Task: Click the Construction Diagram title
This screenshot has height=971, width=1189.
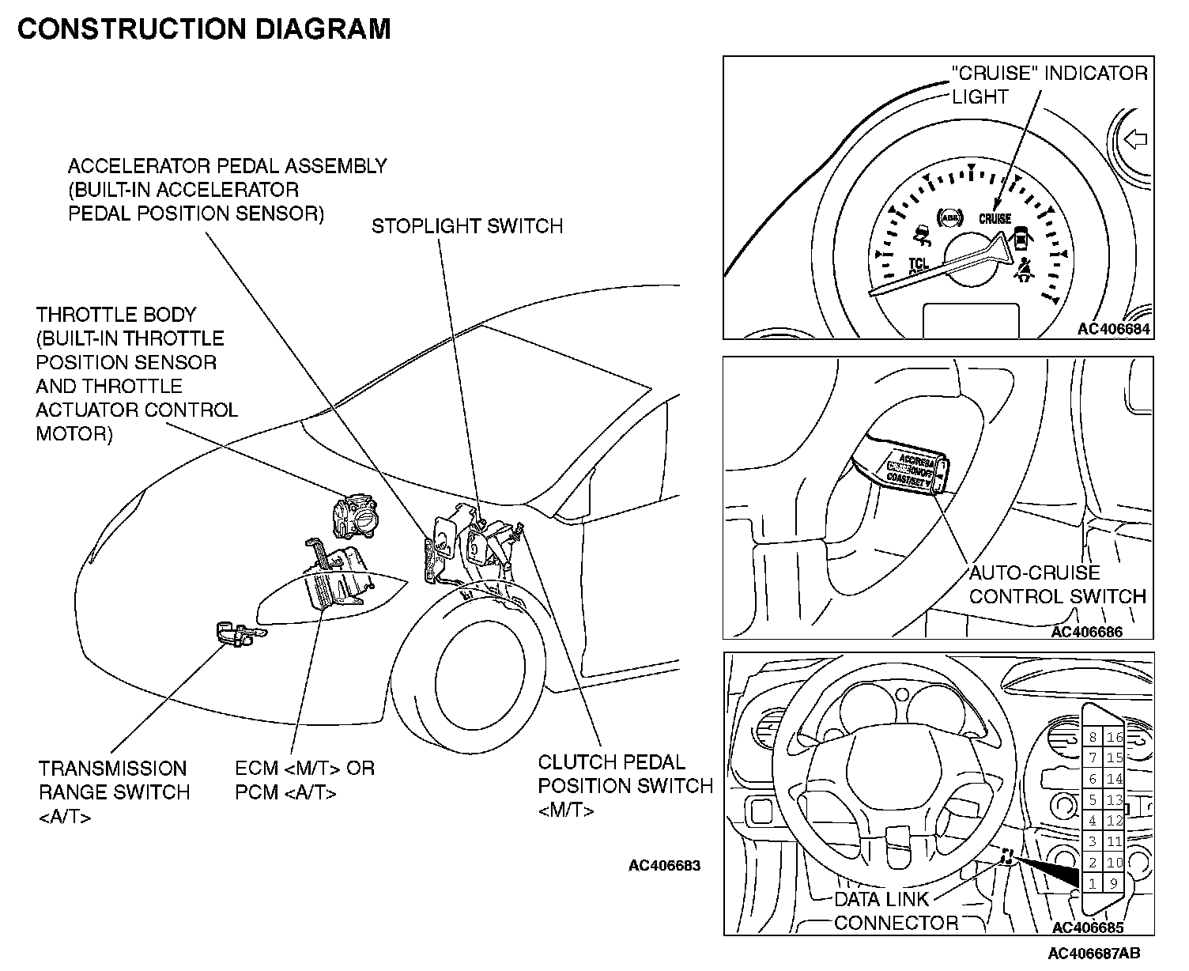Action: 204,28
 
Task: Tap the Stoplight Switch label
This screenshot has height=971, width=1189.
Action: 467,226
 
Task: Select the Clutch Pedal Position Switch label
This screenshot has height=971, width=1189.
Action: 625,786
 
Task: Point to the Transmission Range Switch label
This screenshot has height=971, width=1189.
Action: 115,792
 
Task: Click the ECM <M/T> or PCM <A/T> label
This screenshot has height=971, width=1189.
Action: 305,780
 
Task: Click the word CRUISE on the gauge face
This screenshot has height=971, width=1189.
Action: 995,218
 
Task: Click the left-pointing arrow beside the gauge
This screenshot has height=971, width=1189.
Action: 1135,140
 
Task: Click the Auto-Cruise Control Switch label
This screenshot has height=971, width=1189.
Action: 1057,584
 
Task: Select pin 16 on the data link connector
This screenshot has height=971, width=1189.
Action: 1115,737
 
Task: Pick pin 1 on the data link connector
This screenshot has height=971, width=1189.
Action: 1093,883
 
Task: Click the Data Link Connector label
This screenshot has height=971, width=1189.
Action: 895,911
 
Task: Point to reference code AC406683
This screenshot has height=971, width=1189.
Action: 664,865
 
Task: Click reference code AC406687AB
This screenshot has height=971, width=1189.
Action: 1094,953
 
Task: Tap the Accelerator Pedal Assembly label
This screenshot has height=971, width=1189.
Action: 227,190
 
